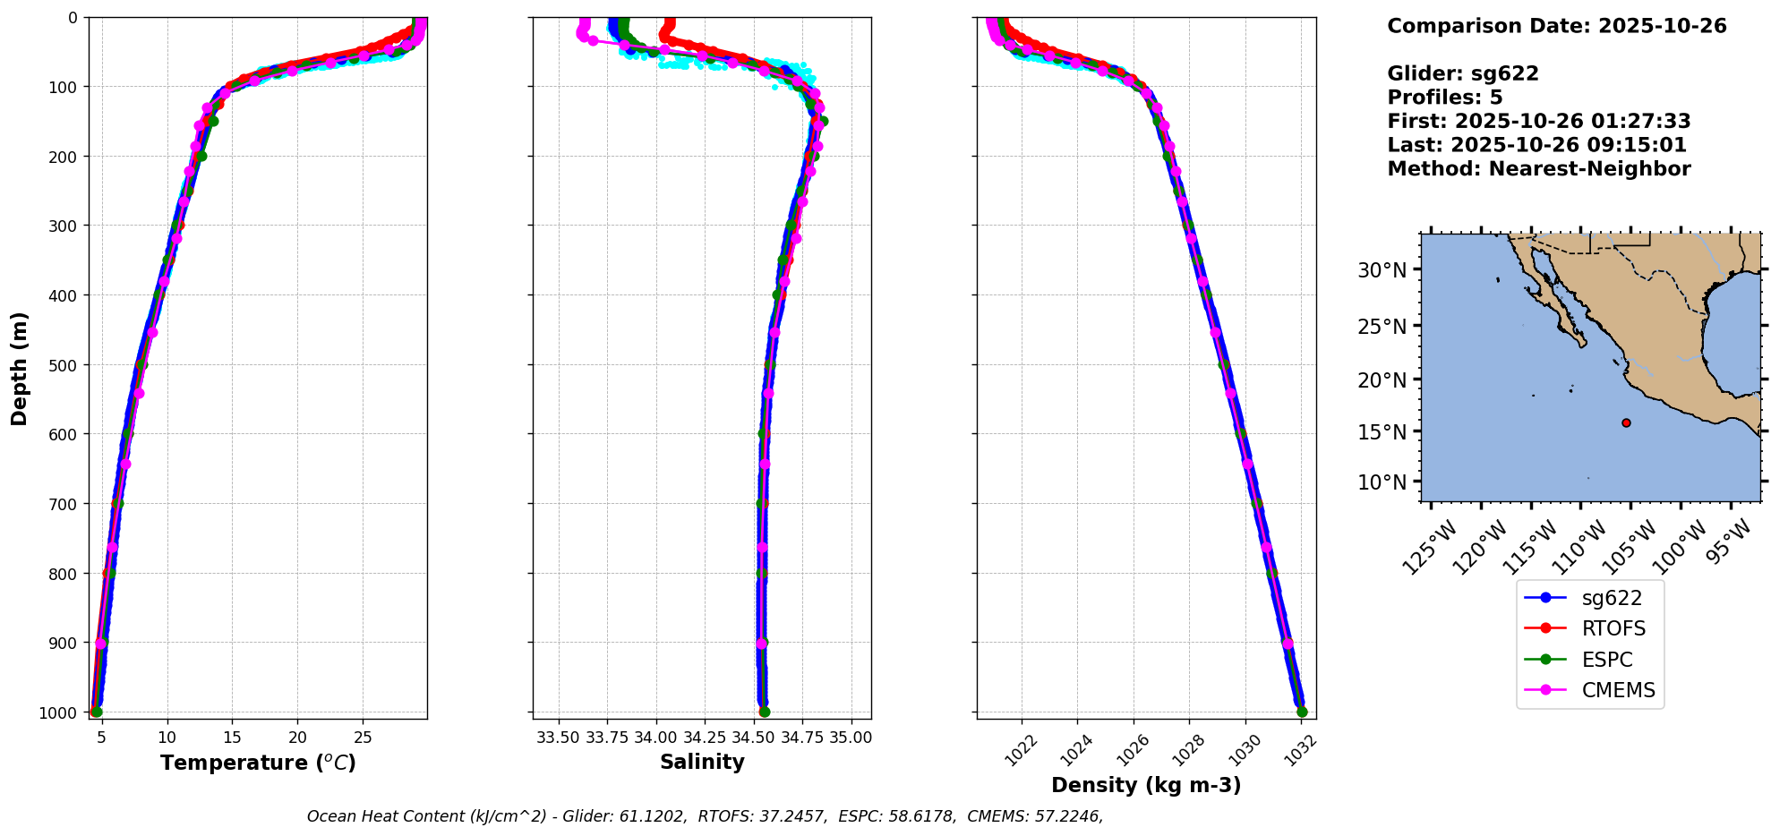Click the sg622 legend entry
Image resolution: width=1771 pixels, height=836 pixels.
(1612, 598)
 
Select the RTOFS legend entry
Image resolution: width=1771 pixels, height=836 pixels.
(1613, 628)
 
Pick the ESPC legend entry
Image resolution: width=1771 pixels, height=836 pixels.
(1607, 660)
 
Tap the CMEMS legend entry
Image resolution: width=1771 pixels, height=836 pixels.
(1618, 690)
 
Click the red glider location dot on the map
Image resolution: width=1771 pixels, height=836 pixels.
(1626, 422)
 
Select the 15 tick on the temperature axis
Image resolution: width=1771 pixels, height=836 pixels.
(232, 738)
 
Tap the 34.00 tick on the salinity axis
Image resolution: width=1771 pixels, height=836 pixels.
(656, 738)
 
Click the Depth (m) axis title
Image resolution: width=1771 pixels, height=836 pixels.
(20, 368)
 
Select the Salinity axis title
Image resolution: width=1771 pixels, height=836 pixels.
(702, 762)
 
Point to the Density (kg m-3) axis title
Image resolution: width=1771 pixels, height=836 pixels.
(1146, 785)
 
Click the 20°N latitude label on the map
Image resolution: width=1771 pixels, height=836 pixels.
(1382, 380)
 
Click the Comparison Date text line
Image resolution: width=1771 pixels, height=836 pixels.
(1556, 26)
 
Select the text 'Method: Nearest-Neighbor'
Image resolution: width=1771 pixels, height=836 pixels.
(1538, 169)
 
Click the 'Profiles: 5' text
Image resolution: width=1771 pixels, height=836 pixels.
(1444, 98)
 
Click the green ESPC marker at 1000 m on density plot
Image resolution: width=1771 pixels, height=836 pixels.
(1302, 712)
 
